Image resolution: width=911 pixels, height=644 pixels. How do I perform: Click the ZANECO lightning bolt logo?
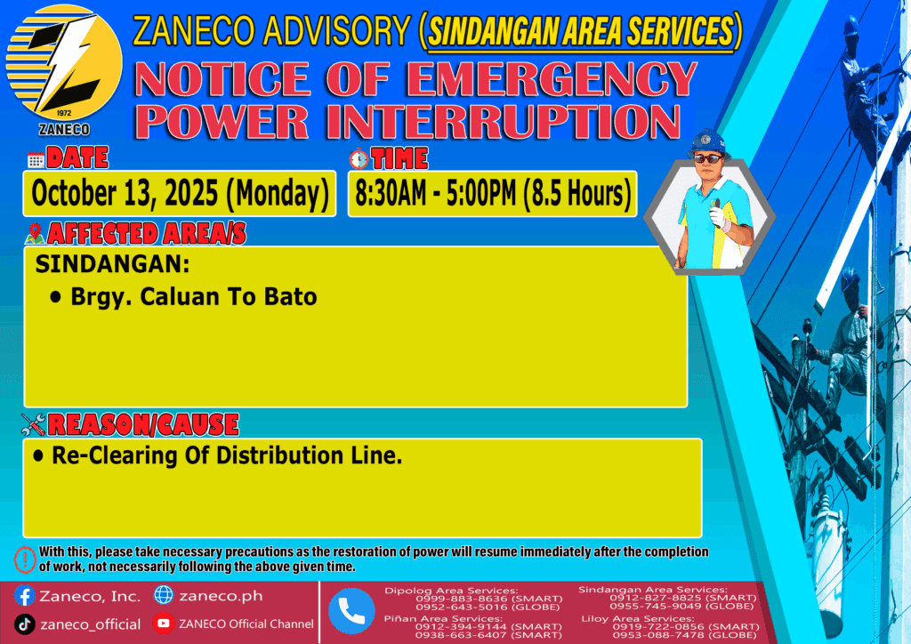coord(64,63)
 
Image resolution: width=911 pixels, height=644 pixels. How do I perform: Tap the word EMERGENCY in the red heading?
coord(552,78)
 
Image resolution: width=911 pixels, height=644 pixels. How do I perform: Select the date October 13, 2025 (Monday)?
coord(180,193)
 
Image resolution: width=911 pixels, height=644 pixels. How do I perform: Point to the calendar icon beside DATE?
coord(36,160)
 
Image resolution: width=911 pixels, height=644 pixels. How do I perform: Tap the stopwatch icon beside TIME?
coord(359,158)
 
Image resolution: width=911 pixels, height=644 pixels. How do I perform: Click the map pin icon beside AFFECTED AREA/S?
coord(35,233)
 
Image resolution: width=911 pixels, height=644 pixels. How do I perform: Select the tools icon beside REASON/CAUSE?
coord(33,424)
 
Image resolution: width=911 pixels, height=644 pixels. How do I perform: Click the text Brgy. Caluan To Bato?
coord(193,297)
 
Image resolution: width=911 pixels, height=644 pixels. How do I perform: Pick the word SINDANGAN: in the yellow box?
coord(112,264)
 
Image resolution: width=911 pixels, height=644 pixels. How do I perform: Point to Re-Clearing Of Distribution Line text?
coord(227,455)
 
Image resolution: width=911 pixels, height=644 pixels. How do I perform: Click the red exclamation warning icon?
coord(25,559)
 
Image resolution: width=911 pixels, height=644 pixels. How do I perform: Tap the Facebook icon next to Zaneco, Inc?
coord(24,596)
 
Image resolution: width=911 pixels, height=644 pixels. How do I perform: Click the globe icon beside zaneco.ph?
coord(164,595)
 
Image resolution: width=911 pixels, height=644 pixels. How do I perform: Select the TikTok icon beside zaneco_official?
coord(24,624)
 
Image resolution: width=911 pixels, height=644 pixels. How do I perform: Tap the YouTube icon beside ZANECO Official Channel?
coord(164,624)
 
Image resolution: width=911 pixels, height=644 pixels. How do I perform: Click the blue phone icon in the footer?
coord(351,611)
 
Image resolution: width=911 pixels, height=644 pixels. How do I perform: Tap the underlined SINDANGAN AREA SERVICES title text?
coord(581,31)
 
